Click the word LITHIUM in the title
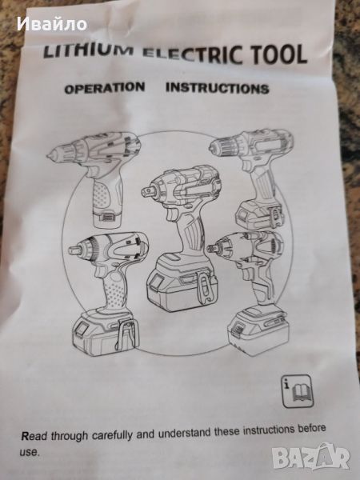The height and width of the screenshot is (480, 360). [89, 50]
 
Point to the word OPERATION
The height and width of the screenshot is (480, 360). [104, 87]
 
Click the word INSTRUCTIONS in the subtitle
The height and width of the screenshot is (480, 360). [218, 88]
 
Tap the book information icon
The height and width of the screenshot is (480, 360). [298, 391]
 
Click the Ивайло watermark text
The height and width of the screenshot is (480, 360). [52, 24]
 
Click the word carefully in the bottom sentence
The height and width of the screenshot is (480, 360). [112, 435]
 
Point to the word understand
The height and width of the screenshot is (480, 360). [185, 433]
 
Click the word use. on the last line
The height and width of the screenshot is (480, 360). [30, 452]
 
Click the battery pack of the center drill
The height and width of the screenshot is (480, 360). [182, 285]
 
